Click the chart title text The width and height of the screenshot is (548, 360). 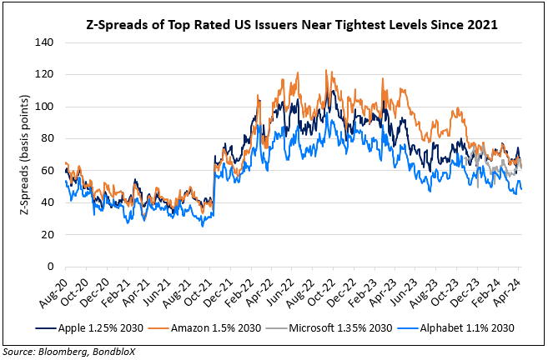tap(291, 24)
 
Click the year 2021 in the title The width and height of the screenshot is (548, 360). tap(481, 24)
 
